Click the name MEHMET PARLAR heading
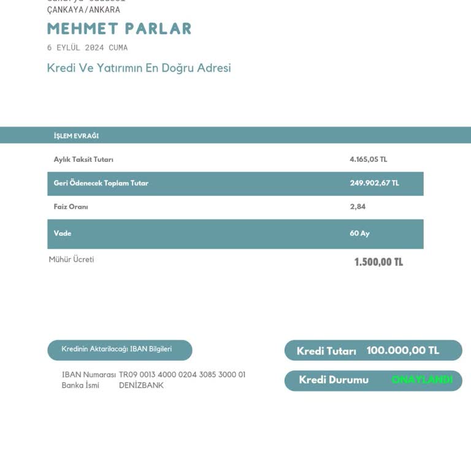point(119,29)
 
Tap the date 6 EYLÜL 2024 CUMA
point(87,48)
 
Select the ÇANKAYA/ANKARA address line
point(83,10)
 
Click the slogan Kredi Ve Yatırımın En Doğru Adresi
point(139,68)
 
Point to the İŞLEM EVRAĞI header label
point(76,136)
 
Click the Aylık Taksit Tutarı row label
point(83,159)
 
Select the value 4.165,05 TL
point(368,159)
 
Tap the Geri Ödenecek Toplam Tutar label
point(101,183)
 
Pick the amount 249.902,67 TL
point(374,183)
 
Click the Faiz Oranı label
point(71,207)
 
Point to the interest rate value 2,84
point(358,207)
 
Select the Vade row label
point(63,234)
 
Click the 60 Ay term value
point(359,234)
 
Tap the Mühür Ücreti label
point(71,259)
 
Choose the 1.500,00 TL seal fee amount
point(378,262)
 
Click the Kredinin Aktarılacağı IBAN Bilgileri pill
point(120,350)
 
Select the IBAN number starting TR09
point(182,375)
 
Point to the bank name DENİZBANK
point(141,386)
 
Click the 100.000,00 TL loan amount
point(402,351)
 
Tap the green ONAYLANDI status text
point(422,380)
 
